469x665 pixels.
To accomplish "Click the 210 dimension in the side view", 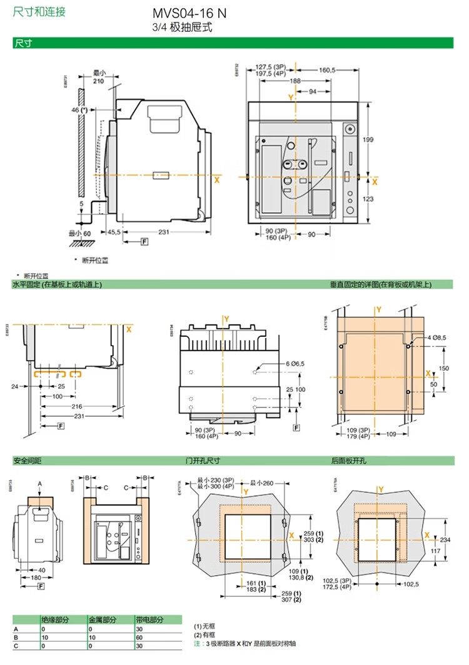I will point(98,81).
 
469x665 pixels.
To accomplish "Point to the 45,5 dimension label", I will point(113,232).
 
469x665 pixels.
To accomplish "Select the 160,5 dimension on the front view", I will point(328,70).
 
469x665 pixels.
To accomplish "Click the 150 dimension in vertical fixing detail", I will point(443,369).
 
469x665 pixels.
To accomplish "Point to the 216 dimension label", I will point(77,406).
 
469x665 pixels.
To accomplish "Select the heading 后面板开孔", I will point(349,461).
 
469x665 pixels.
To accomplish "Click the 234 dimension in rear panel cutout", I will point(445,539).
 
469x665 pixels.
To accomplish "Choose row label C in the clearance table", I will point(16,645).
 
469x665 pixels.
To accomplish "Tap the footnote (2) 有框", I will point(204,633).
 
